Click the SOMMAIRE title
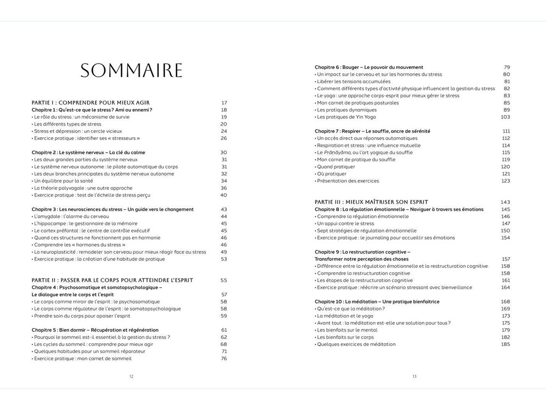[x=131, y=70]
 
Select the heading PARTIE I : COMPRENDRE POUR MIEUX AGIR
[x=91, y=102]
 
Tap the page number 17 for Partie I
[x=224, y=102]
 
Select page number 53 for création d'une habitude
[x=224, y=259]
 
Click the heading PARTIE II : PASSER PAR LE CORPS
[x=112, y=280]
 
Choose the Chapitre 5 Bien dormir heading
[x=95, y=330]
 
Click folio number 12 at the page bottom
[x=132, y=376]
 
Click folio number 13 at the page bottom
[x=414, y=376]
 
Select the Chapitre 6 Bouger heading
[x=369, y=67]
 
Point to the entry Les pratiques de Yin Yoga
[x=347, y=117]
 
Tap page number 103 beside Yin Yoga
[x=505, y=117]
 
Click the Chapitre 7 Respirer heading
[x=372, y=131]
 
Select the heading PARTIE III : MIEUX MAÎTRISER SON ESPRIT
[x=371, y=202]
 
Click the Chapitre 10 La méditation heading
[x=377, y=302]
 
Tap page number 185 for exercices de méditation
[x=505, y=344]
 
